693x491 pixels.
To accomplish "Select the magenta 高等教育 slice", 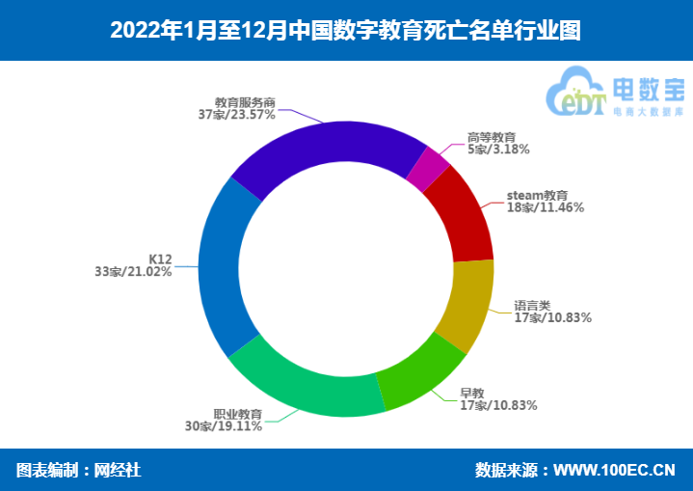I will [428, 170].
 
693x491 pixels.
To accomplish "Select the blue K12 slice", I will [221, 270].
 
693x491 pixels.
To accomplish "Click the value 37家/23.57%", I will [237, 114].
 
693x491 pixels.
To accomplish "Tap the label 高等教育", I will [492, 137].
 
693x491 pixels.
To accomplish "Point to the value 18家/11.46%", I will [545, 206].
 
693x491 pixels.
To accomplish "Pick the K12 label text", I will [160, 259].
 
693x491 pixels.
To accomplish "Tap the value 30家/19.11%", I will [224, 425].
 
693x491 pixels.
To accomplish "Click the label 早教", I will [472, 393].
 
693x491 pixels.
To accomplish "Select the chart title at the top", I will [346, 30].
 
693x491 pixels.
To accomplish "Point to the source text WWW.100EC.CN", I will [614, 470].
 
